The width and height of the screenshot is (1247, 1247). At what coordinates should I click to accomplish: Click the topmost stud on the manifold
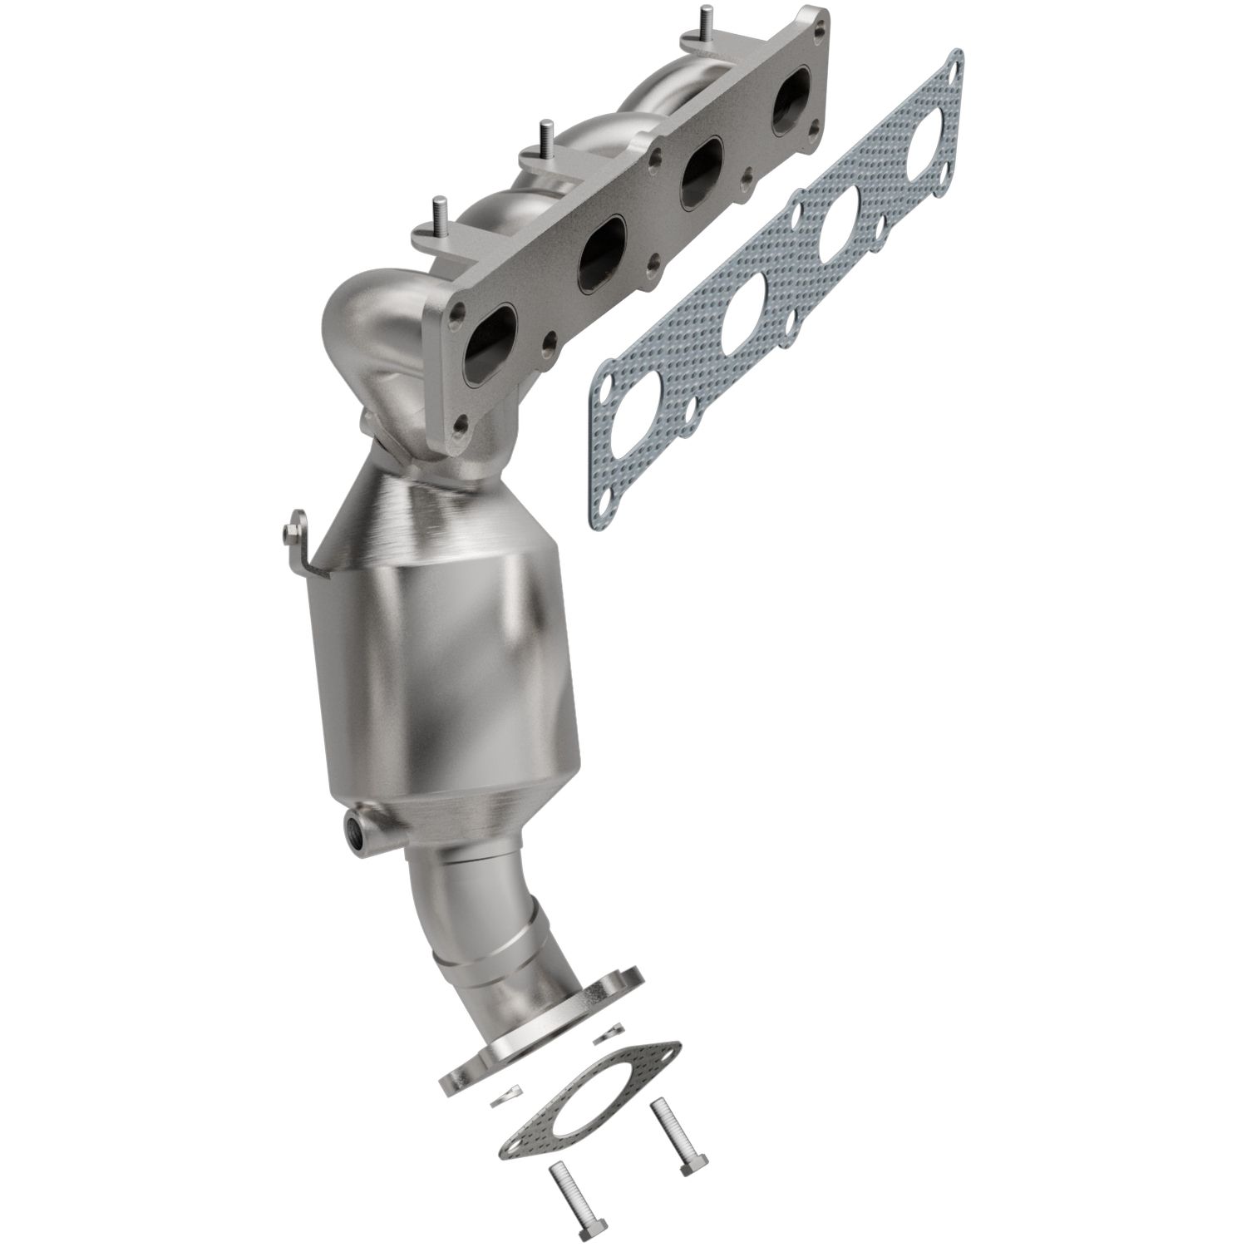(705, 21)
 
